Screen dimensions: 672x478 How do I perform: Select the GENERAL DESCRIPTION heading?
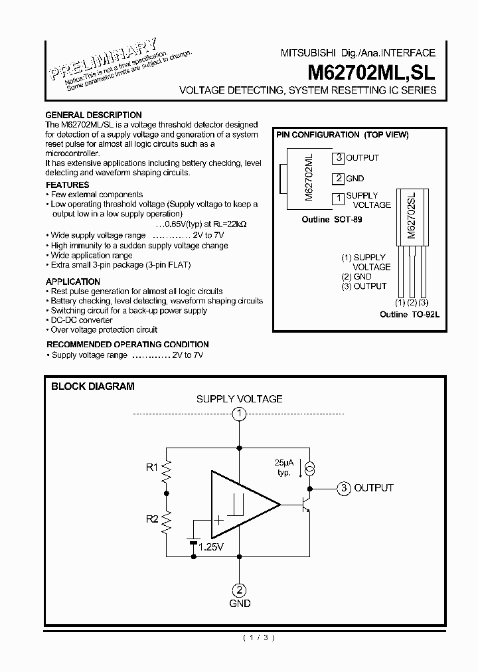pos(93,115)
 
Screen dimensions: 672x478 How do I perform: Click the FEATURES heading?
pos(67,185)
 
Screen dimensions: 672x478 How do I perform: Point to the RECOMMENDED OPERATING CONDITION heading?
pos(127,345)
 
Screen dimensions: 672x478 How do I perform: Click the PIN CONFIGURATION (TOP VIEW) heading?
pos(342,135)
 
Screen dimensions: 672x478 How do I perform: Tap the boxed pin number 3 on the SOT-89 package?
pos(339,158)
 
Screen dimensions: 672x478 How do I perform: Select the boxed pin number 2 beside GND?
pos(339,178)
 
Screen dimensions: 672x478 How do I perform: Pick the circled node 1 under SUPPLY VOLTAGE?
pos(239,414)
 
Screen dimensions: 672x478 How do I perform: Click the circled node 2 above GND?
pos(239,590)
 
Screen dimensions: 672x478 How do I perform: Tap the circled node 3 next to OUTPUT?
pos(343,488)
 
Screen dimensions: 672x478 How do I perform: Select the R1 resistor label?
pos(152,467)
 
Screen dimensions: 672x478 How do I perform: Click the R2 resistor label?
pos(152,519)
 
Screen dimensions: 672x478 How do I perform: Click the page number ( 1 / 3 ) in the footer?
pos(258,638)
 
